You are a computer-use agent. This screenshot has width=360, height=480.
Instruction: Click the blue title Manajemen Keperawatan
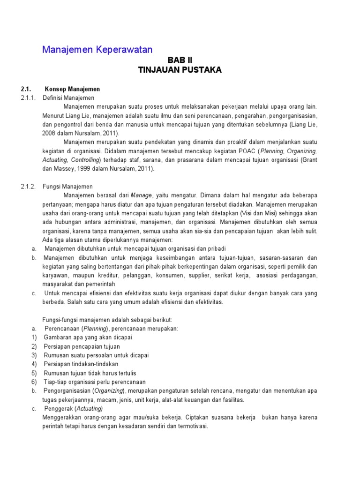[97, 49]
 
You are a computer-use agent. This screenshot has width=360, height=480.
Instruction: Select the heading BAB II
[180, 60]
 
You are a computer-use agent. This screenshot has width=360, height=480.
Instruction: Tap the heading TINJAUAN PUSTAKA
[180, 70]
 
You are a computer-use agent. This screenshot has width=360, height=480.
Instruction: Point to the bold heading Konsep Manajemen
[72, 89]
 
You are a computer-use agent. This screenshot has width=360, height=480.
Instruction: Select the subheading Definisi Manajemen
[69, 97]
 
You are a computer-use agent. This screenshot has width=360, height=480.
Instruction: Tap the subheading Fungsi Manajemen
[68, 186]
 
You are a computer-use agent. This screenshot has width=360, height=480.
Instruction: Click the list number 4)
[34, 364]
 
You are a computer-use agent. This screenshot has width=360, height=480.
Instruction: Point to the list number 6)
[34, 382]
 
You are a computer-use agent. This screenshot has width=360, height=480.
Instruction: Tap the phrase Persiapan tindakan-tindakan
[81, 364]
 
